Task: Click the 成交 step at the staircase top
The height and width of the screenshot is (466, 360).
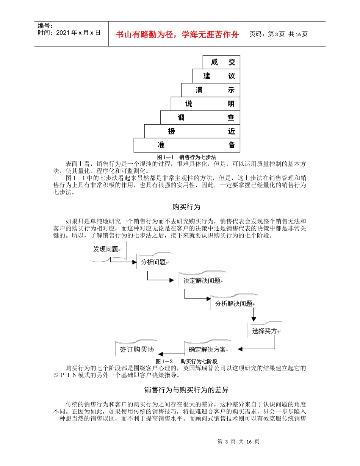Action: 221,62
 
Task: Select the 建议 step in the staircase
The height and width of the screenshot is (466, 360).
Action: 216,76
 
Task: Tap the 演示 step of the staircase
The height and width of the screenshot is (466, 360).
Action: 211,90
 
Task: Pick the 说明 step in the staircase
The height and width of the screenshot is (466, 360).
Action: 205,104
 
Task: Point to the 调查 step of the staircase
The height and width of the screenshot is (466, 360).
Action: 200,117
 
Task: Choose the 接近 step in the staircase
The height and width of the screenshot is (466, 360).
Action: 192,131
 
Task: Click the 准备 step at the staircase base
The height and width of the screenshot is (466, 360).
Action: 187,145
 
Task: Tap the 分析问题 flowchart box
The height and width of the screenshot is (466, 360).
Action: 153,262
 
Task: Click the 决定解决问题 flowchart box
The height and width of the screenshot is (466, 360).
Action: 202,281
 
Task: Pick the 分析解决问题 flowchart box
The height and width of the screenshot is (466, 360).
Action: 234,303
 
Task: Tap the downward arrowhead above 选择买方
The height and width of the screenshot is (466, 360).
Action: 253,319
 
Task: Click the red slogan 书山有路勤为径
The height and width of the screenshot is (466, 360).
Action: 178,34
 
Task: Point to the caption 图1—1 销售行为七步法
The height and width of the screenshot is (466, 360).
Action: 186,156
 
